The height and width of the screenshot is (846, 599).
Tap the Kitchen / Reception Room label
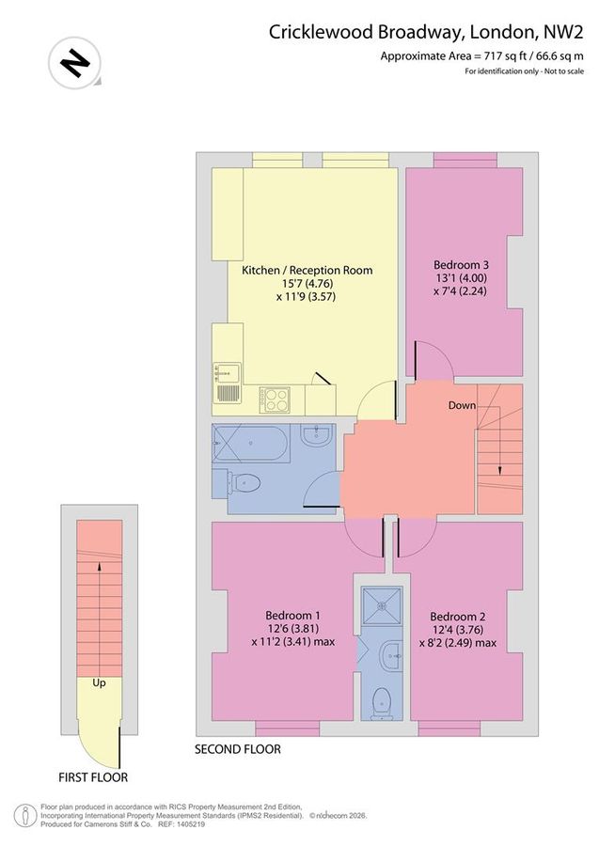tap(307, 270)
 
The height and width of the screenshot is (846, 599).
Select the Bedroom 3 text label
tap(462, 264)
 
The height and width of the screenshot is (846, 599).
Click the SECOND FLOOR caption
tap(237, 749)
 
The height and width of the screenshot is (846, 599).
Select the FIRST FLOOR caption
tap(93, 777)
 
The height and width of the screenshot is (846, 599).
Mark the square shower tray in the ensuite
tap(383, 607)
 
